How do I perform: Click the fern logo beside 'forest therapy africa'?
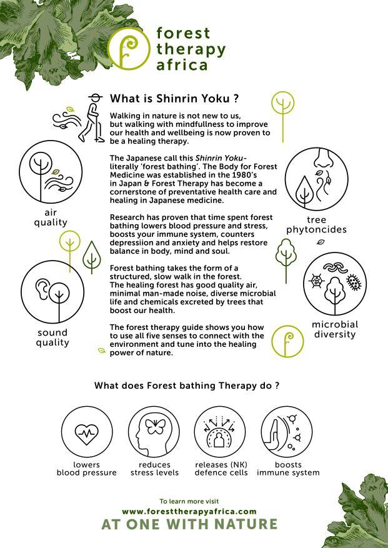tap(129, 49)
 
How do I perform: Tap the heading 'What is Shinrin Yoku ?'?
tap(174, 99)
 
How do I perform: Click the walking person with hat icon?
tap(92, 118)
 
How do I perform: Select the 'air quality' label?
tap(51, 217)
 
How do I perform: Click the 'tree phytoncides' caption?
tap(316, 225)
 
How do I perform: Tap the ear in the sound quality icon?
tap(42, 287)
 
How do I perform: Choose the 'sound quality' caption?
tap(52, 337)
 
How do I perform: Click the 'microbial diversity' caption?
tap(335, 329)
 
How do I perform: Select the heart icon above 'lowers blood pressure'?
tap(87, 434)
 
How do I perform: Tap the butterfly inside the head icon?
tap(154, 427)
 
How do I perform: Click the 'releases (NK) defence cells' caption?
tap(221, 469)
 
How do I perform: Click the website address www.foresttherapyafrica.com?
tap(189, 512)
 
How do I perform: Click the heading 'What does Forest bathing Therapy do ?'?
tap(187, 386)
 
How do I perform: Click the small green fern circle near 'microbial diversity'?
tap(287, 341)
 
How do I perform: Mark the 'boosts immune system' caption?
tap(288, 469)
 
